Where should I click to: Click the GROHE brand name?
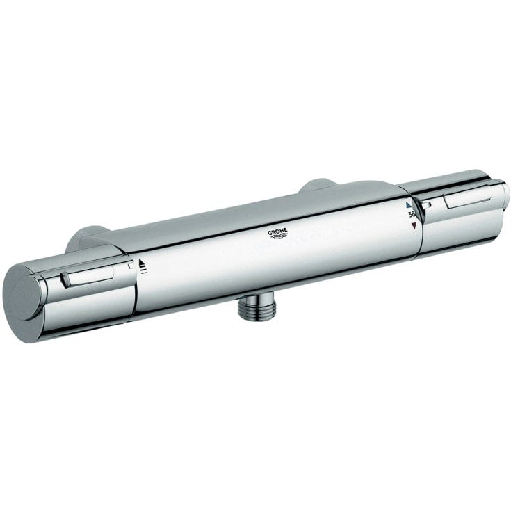pyautogui.click(x=277, y=232)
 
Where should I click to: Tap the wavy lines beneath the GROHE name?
pyautogui.click(x=279, y=237)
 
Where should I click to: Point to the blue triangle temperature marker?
pyautogui.click(x=409, y=205)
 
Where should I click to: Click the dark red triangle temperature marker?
pyautogui.click(x=414, y=225)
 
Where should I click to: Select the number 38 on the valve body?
pyautogui.click(x=412, y=214)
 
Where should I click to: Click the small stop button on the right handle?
pyautogui.click(x=426, y=205)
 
